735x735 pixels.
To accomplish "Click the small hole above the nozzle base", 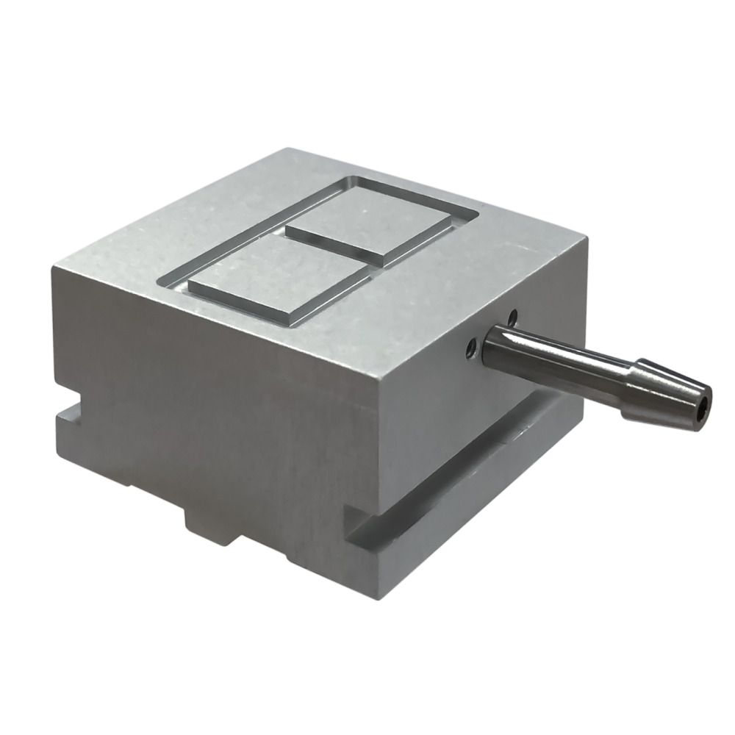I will point(512,317).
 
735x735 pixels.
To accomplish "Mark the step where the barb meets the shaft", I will point(638,367).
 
